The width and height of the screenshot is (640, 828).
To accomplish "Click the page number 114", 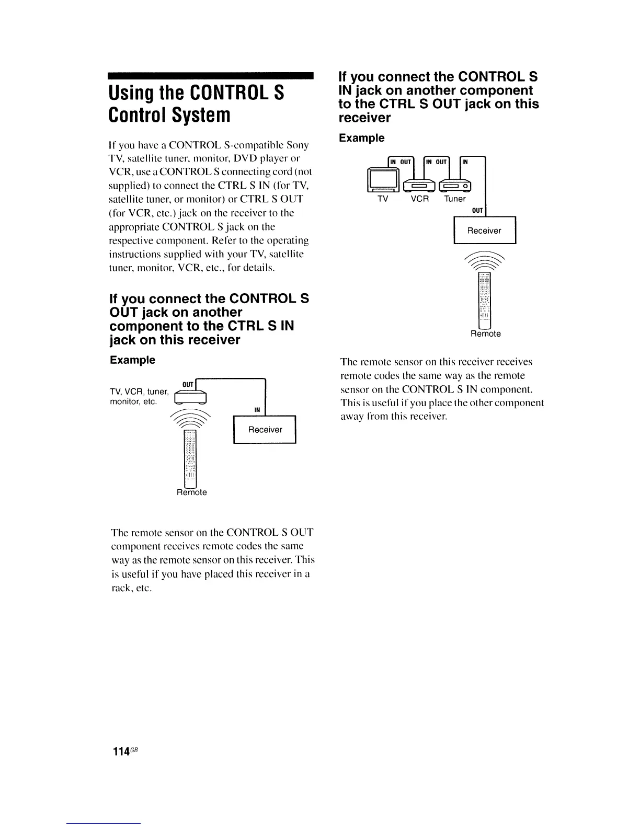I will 121,751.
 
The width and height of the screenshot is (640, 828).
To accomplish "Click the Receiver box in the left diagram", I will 265,430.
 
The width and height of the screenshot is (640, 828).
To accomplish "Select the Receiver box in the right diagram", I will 484,231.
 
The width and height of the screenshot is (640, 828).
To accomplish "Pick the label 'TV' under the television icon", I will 383,199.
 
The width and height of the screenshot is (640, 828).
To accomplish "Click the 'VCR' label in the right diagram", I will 419,199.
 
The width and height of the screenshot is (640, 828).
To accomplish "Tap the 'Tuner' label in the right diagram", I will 455,199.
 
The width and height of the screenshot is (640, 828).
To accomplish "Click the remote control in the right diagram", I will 485,300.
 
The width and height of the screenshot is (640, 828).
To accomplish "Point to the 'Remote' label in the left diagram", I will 192,492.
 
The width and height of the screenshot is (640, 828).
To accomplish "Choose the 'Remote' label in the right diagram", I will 486,333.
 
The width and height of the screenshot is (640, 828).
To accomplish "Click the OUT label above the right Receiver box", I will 477,210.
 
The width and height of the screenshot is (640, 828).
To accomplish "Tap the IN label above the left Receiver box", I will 257,410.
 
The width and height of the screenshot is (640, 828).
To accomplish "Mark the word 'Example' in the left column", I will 132,360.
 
